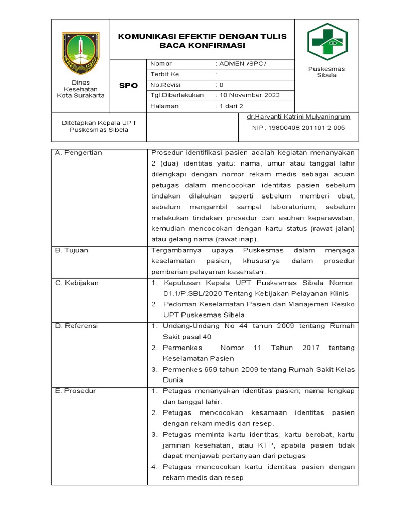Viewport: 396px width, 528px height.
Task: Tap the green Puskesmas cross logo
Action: point(327,42)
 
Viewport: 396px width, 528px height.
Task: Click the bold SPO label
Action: point(128,85)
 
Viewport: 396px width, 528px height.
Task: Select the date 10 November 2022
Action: point(250,95)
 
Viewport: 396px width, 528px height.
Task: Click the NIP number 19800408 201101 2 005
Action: point(299,128)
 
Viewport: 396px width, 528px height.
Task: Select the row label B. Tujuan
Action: point(72,250)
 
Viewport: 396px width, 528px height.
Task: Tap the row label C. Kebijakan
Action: point(77,283)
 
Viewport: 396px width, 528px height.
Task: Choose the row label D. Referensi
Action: point(76,326)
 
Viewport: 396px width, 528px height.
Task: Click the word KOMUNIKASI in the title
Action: point(147,37)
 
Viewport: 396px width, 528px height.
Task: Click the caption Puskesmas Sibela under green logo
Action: point(326,72)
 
